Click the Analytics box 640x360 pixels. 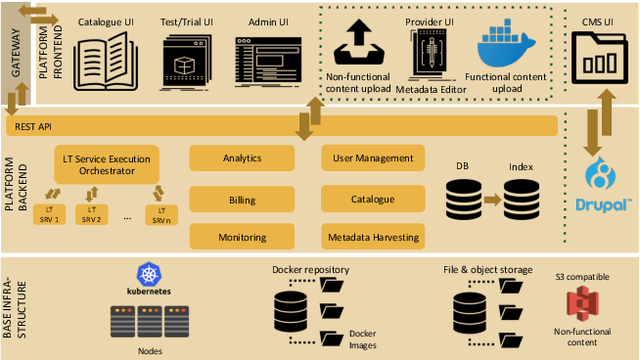coord(242,158)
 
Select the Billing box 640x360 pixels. coord(242,200)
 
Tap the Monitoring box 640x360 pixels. coord(242,237)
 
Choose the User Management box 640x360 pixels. coord(372,158)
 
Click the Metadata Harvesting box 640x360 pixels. coord(372,237)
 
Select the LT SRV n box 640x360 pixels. coord(160,214)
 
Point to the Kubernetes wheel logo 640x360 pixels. coord(150,274)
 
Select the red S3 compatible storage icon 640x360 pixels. coord(580,303)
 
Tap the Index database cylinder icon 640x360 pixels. coord(522,200)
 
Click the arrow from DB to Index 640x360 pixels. coord(491,200)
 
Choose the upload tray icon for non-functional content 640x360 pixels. coord(357,44)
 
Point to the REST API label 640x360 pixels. coord(31,126)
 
